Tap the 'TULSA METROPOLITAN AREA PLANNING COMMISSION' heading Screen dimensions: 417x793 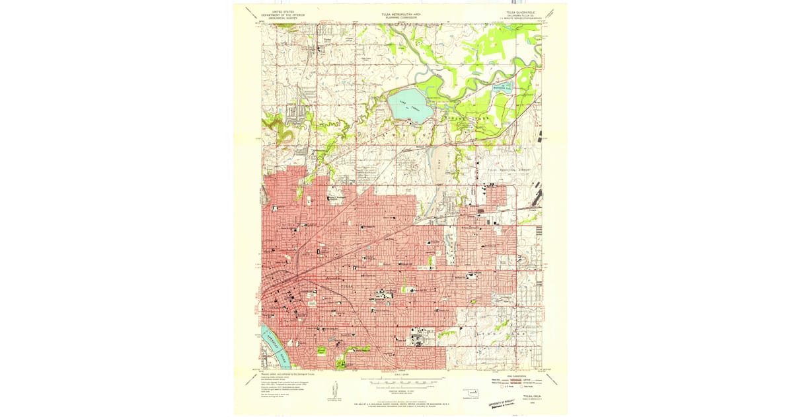point(401,15)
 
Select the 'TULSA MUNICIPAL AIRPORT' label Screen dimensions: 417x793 point(510,170)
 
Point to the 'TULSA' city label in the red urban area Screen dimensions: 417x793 point(350,285)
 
